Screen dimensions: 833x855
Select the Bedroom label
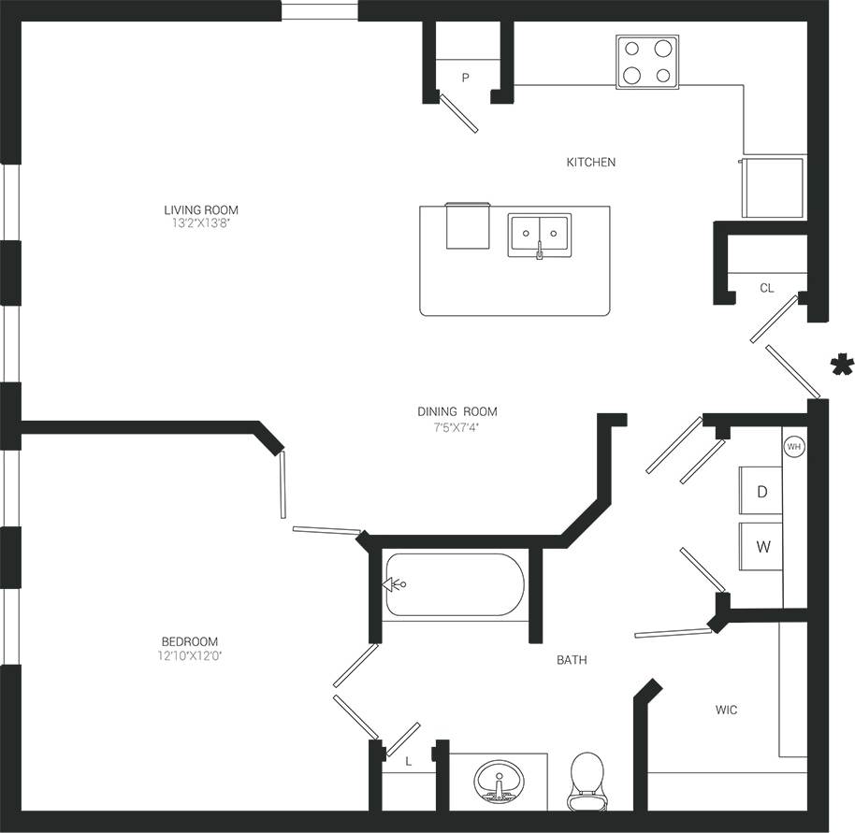(190, 641)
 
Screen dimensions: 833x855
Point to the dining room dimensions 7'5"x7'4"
(456, 427)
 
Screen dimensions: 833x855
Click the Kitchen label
(591, 163)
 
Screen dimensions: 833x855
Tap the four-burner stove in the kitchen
(647, 63)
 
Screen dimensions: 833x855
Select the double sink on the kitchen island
(540, 234)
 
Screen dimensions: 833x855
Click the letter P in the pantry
(465, 79)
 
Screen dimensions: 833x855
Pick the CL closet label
(767, 288)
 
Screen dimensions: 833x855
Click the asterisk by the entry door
(842, 366)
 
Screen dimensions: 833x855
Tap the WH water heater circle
(794, 447)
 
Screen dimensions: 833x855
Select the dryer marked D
(762, 491)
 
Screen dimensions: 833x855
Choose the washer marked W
(762, 547)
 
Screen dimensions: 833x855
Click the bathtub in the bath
(455, 584)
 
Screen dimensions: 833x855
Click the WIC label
(727, 711)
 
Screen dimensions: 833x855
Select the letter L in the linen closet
(409, 762)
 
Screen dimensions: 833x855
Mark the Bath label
(572, 660)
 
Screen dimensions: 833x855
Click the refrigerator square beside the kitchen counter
(773, 187)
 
